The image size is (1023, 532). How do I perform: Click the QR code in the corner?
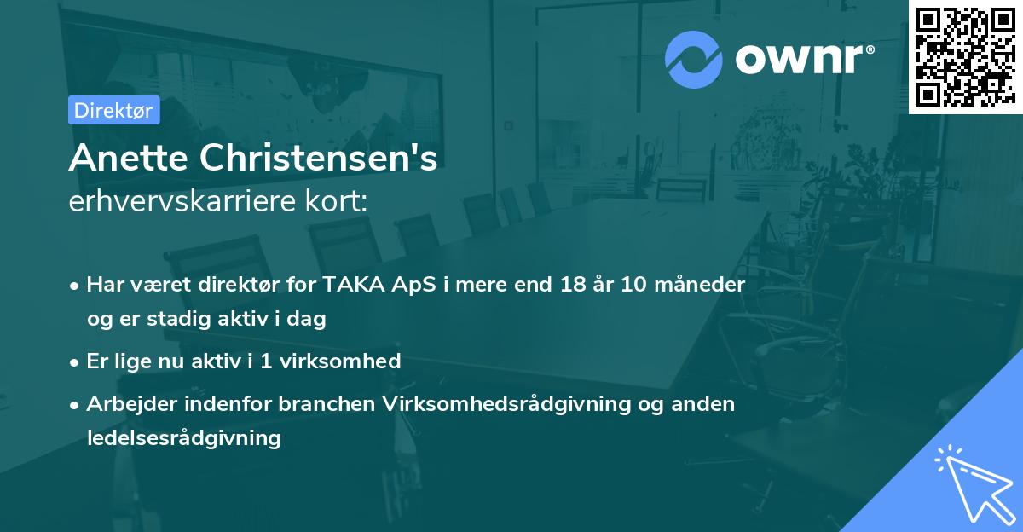966,56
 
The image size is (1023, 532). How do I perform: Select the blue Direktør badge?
113,111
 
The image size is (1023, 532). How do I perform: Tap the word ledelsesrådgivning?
183,439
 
